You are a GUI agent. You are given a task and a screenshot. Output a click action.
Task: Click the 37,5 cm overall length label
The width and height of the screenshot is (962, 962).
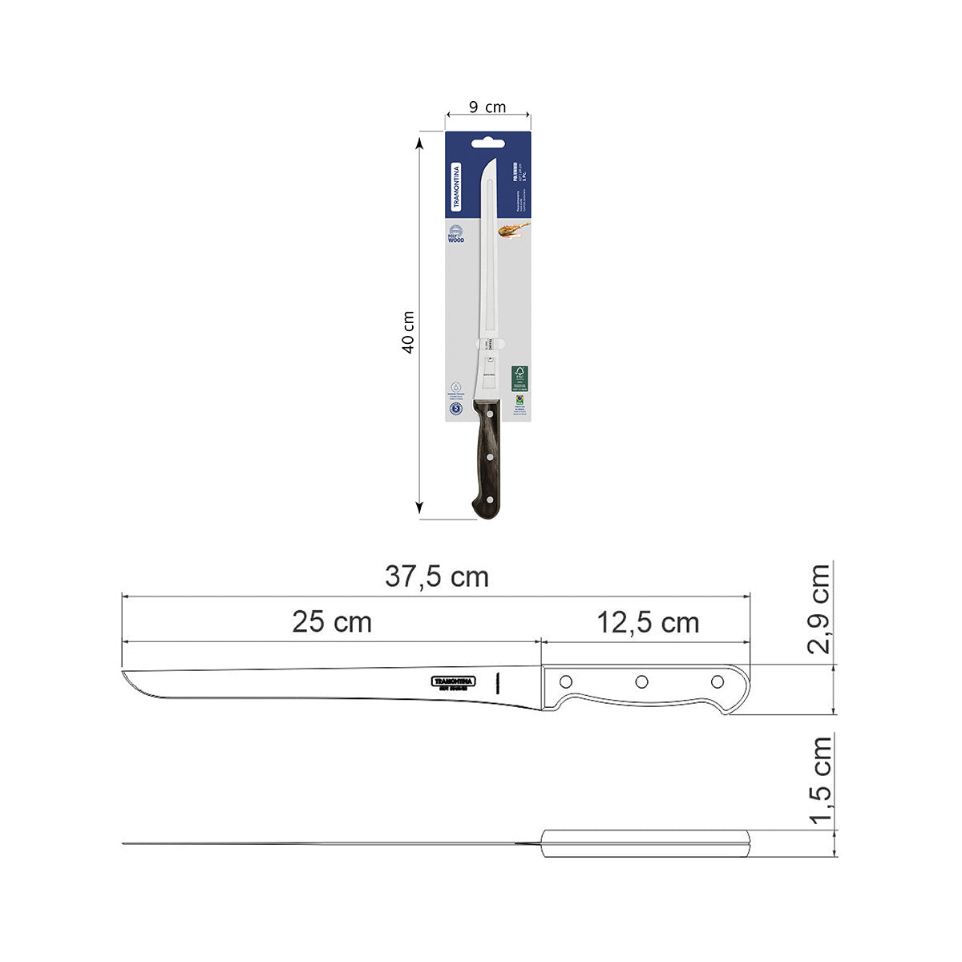[436, 576]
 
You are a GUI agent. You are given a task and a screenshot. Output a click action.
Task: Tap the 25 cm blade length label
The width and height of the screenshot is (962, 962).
[331, 622]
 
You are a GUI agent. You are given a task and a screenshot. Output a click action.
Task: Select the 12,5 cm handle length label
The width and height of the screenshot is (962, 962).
[647, 623]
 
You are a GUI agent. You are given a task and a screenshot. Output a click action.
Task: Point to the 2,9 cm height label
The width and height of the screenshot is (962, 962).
[819, 609]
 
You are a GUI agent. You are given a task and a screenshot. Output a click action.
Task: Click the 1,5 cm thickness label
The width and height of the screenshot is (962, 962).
[819, 781]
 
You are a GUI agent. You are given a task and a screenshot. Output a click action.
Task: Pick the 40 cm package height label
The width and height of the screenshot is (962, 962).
[408, 332]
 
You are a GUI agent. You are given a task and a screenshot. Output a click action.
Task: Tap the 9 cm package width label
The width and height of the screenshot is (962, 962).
[487, 107]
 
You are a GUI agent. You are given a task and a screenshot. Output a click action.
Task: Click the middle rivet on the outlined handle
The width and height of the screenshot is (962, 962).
[641, 682]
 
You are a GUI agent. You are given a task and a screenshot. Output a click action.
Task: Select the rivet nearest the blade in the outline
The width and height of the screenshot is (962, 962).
[565, 682]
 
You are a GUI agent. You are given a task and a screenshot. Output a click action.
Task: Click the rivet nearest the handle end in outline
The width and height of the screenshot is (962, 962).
[717, 682]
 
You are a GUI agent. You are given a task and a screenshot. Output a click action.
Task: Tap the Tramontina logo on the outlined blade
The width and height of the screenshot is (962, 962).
[454, 681]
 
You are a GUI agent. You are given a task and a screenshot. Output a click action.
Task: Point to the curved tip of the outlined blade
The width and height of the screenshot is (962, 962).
[128, 680]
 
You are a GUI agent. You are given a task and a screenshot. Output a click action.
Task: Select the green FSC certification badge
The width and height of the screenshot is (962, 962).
[519, 378]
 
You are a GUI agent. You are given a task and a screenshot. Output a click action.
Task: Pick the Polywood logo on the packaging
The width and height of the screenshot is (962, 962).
[455, 233]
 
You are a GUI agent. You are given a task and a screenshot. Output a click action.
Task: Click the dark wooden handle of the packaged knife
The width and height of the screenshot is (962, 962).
[487, 457]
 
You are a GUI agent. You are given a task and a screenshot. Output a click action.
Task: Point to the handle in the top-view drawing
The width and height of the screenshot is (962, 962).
[645, 843]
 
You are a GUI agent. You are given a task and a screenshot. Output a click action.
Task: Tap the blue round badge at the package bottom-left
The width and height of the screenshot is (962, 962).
[456, 409]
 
